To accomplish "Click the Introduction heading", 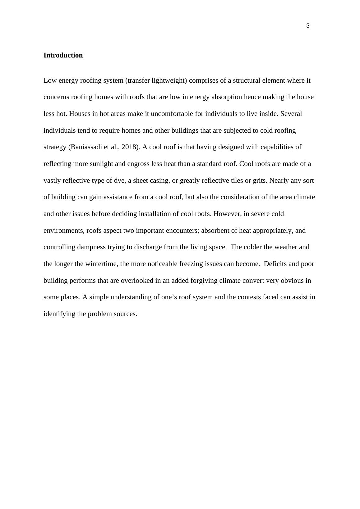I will coord(63,55).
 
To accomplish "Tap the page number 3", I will coord(308,26).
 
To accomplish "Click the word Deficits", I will coord(275,264).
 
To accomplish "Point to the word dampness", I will coord(91,247).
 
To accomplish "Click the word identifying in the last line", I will coord(59,314).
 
